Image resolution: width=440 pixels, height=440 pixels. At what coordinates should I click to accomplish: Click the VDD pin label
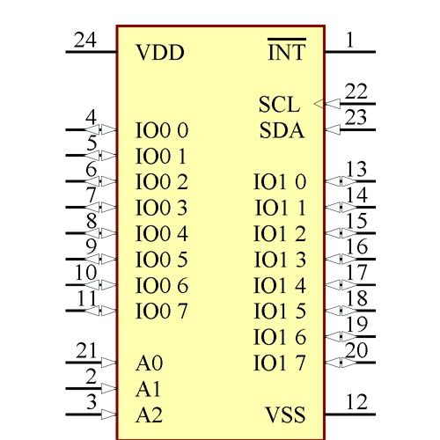(x=160, y=53)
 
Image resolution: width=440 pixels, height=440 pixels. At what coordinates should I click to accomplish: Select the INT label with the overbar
(x=286, y=53)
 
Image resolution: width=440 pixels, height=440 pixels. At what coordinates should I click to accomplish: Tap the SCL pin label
(x=279, y=104)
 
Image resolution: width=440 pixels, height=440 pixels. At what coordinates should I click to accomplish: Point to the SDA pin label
(x=282, y=131)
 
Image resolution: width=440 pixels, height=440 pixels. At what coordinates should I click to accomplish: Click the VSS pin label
(x=286, y=414)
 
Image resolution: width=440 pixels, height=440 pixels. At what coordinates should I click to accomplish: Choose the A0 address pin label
(x=150, y=363)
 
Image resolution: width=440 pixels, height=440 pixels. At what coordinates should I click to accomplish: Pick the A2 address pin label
(x=150, y=414)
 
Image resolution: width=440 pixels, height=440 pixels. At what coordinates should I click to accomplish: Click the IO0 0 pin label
(x=163, y=131)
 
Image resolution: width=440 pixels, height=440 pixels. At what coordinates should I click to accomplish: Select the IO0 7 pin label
(x=163, y=311)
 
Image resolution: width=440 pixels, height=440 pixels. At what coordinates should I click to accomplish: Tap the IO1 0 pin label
(x=280, y=182)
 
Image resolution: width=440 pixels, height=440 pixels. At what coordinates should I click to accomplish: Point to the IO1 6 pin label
(x=280, y=337)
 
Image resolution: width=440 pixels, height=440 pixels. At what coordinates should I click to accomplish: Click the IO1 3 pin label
(x=280, y=260)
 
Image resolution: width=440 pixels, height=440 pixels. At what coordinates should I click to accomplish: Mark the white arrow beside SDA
(x=333, y=130)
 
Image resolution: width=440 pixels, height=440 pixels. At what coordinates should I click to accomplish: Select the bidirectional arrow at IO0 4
(x=100, y=233)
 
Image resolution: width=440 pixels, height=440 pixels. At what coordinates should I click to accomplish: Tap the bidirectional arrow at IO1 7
(x=341, y=362)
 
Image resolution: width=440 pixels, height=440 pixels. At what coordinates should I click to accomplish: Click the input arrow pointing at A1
(x=108, y=388)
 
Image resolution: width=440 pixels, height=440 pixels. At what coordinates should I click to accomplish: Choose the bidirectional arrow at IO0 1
(x=100, y=157)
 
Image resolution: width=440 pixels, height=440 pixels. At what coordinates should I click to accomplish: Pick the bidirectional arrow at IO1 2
(x=341, y=233)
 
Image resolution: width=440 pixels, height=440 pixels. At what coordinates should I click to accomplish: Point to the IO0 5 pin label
(x=163, y=260)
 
